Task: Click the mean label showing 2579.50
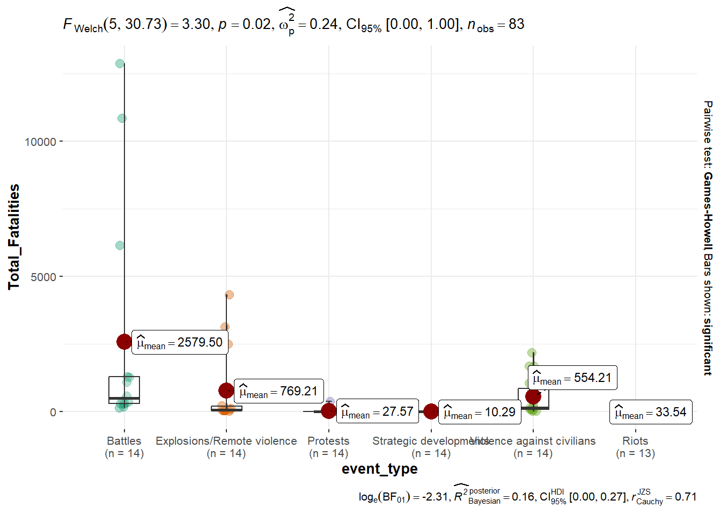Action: click(179, 342)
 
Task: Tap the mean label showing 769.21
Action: click(279, 392)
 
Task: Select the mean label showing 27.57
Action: click(378, 412)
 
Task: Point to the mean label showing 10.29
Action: click(480, 412)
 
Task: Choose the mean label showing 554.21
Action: click(572, 378)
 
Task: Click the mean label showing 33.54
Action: click(651, 412)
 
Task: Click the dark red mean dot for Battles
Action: click(124, 342)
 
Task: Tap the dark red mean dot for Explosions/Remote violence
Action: click(226, 391)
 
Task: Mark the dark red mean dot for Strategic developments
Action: click(431, 411)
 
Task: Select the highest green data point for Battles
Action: click(120, 64)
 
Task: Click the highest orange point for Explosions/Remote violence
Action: click(230, 295)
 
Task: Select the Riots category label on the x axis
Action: click(635, 441)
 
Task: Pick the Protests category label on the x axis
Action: click(328, 441)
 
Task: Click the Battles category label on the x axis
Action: click(124, 441)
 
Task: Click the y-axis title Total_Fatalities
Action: click(14, 237)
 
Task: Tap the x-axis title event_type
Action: click(379, 469)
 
